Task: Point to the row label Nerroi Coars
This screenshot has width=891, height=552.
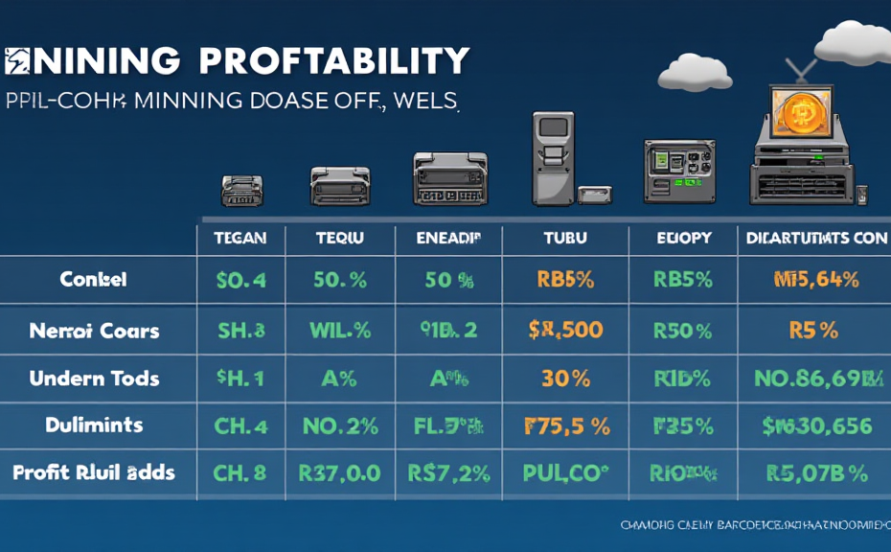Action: click(x=94, y=331)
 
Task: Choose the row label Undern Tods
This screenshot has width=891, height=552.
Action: click(x=93, y=378)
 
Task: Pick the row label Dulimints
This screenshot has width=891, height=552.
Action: click(x=93, y=425)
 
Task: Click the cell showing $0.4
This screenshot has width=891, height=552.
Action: click(x=240, y=281)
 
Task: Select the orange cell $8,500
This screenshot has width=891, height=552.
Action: click(x=565, y=331)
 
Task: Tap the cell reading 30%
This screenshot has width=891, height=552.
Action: click(x=565, y=378)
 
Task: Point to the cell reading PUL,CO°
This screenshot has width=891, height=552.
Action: click(x=565, y=471)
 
